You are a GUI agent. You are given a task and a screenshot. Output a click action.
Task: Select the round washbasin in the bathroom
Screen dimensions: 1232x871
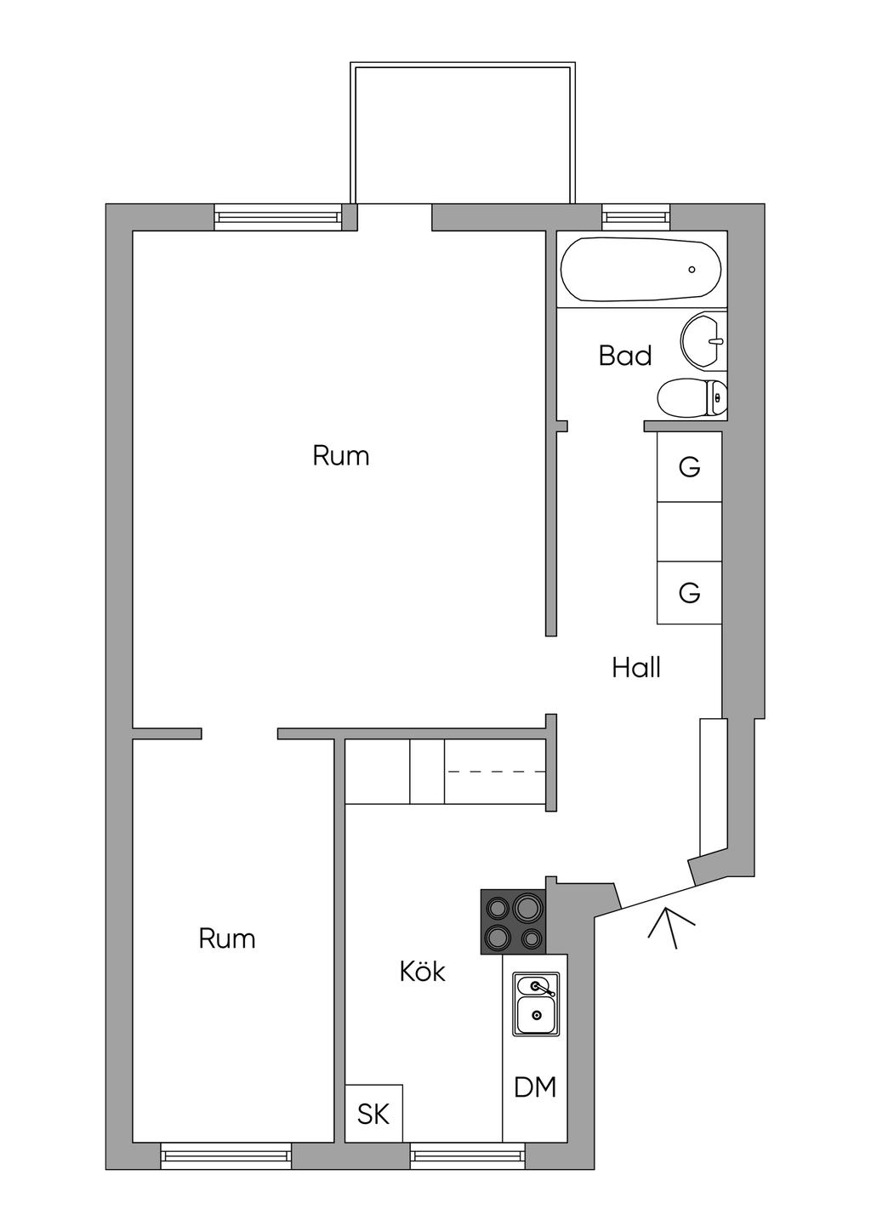(703, 342)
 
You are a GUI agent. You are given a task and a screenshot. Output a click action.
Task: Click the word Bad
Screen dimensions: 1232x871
(625, 356)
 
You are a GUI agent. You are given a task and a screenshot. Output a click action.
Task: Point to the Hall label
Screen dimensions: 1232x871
(636, 668)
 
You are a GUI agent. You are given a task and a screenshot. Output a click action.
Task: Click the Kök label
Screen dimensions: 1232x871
(423, 972)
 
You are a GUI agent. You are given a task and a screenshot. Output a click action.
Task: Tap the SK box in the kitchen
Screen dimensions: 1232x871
(373, 1114)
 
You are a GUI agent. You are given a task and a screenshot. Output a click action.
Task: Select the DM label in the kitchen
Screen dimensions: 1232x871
(536, 1087)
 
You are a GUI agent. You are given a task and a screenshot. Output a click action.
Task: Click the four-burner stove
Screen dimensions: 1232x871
(513, 921)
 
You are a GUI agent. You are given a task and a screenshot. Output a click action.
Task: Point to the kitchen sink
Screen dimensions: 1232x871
(536, 1005)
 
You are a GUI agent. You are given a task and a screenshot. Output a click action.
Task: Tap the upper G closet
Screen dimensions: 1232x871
(690, 467)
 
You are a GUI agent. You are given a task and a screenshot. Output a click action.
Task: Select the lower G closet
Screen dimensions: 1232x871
(690, 592)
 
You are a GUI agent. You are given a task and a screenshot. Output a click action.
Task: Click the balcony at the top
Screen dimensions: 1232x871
(460, 134)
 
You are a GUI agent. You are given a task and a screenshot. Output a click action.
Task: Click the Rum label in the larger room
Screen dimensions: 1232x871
(341, 456)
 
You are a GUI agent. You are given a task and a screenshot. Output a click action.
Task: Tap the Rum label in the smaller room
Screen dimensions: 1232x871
(227, 938)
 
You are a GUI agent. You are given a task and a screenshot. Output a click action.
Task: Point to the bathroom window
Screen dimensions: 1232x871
(636, 217)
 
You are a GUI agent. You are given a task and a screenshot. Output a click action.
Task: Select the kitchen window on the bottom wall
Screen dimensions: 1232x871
(467, 1155)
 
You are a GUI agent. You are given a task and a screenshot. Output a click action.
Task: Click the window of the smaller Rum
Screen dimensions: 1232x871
(225, 1155)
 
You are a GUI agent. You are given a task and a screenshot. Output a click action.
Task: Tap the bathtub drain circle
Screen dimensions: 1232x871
(692, 270)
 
